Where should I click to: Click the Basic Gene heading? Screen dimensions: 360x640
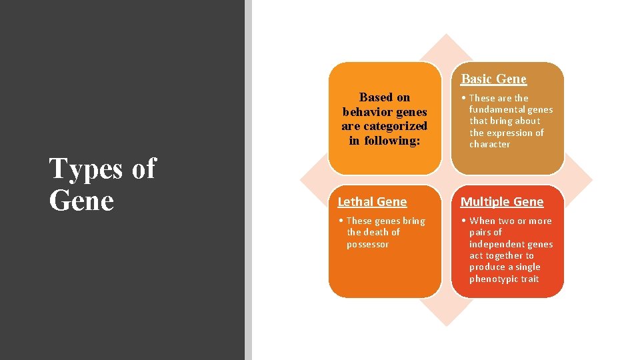coord(493,79)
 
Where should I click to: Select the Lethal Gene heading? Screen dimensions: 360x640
coord(372,201)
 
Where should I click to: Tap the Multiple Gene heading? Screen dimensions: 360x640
coord(502,201)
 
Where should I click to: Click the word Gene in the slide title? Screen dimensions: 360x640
coord(81,200)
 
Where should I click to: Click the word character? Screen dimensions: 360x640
coord(489,144)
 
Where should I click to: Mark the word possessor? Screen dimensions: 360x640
coord(367,244)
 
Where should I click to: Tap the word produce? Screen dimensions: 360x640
coord(486,267)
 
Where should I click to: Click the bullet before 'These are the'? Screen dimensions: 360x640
coord(464,98)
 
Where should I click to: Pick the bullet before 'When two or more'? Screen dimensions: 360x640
coord(464,221)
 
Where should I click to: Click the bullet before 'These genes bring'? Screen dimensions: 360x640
coord(341,221)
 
